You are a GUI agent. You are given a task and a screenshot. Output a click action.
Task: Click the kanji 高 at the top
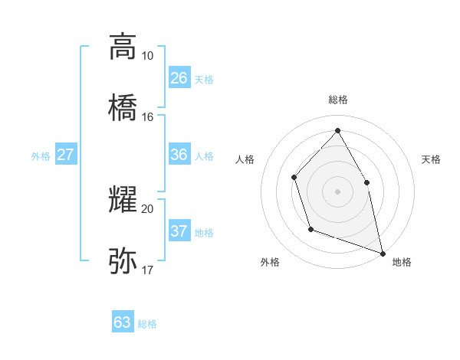(123, 47)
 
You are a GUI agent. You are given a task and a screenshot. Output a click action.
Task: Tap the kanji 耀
(123, 199)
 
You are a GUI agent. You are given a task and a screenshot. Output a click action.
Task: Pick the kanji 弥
(123, 260)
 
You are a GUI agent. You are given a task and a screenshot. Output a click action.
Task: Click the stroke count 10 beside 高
(148, 56)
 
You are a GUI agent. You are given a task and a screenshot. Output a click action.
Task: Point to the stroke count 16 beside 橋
(148, 117)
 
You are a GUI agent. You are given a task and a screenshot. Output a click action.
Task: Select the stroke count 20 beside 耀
(148, 208)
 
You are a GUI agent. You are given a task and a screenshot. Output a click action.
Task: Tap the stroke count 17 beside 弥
(148, 270)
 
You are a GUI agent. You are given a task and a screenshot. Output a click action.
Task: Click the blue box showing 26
(179, 78)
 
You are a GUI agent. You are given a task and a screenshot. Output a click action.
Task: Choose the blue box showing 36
(179, 155)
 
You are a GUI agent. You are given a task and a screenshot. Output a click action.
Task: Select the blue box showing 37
(179, 231)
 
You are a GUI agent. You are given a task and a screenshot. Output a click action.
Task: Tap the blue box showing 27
(66, 155)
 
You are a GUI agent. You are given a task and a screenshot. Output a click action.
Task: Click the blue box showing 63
(123, 322)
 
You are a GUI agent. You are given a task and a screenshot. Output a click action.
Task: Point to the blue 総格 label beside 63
(147, 324)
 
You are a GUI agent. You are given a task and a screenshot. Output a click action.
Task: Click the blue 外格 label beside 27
(41, 156)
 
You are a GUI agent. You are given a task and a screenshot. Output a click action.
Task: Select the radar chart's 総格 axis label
(337, 100)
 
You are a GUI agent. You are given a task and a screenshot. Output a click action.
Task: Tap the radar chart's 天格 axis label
(432, 159)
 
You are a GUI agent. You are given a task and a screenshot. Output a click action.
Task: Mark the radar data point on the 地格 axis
(382, 252)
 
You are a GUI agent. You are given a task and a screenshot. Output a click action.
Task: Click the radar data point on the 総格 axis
(337, 130)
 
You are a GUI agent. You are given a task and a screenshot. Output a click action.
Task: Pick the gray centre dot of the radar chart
(337, 191)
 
